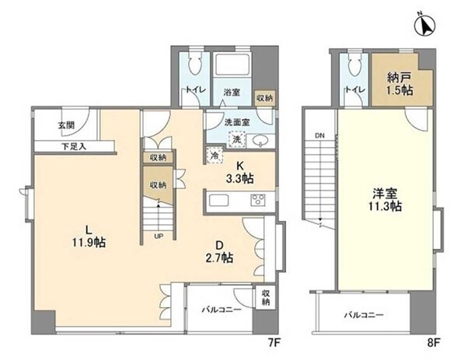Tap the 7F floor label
click(274, 343)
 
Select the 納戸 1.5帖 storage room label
click(400, 84)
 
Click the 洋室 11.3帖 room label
click(385, 200)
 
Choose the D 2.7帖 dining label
click(219, 251)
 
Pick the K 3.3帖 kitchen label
click(239, 173)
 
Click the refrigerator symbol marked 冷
click(214, 156)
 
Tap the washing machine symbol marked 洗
click(237, 139)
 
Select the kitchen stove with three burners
click(258, 200)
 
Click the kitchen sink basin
click(218, 200)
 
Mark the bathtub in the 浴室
click(232, 65)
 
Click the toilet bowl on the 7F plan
click(195, 65)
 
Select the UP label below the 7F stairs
click(159, 236)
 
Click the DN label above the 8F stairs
click(319, 136)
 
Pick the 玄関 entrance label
click(66, 125)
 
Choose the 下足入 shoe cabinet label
click(74, 146)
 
